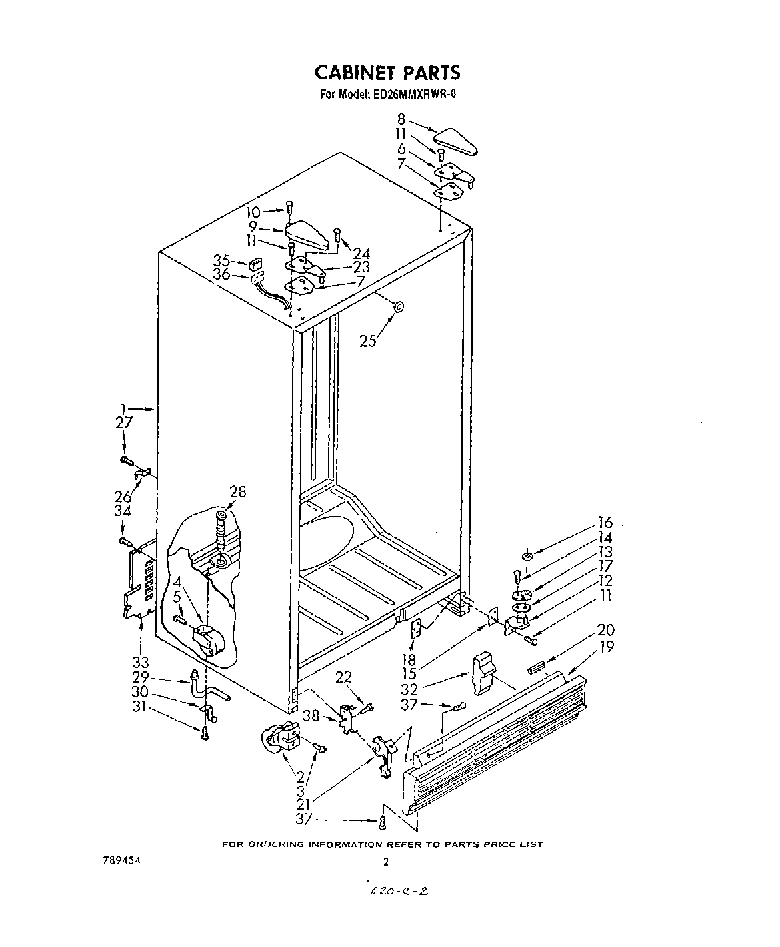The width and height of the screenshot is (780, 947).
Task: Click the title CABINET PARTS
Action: coord(387,72)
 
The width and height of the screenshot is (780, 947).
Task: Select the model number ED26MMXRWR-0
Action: coord(413,94)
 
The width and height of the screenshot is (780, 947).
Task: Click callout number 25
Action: coord(367,341)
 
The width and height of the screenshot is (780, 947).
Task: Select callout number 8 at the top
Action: coord(401,121)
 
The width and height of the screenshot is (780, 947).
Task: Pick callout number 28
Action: coord(237,492)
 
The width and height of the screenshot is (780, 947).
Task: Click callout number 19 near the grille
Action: coord(606,646)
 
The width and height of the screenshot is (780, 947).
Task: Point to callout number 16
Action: coord(605,523)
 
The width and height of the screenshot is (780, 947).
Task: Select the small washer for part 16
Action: coord(527,555)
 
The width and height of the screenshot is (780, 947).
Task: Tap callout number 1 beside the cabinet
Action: coord(122,408)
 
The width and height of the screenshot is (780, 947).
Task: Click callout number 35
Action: coord(222,260)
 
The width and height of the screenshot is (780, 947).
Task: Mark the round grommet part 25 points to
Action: coord(398,306)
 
